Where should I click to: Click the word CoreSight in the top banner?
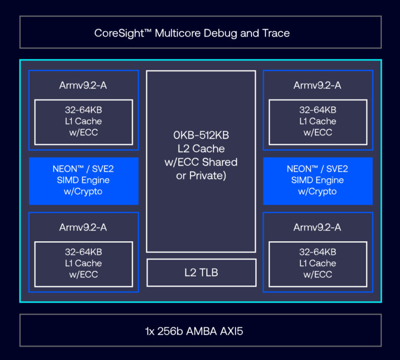119,33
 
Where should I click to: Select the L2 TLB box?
201,272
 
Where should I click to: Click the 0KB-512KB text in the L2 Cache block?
201,135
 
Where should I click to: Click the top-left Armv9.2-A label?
83,85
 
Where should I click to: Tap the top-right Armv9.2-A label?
317,85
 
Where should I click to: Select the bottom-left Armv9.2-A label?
83,227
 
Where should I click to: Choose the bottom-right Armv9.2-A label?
317,227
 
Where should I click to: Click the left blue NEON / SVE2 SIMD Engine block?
84,181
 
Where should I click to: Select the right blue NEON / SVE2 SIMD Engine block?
318,181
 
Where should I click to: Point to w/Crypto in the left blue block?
83,192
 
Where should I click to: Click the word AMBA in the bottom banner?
202,331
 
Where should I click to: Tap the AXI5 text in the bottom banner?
231,331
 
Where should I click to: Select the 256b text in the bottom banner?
170,331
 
